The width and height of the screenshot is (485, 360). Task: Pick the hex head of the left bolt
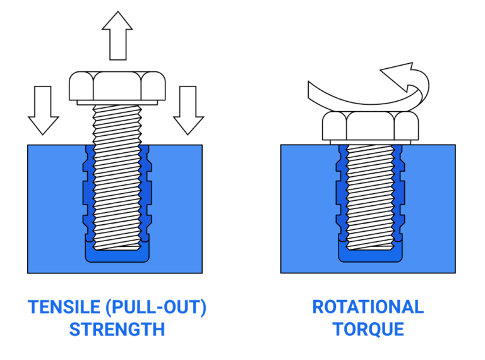pos(117,85)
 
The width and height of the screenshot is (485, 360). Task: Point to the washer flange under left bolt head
pos(117,102)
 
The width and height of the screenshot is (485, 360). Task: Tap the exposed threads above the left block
pos(117,124)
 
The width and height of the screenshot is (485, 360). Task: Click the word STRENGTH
pos(117,330)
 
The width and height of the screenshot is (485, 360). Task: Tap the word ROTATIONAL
pos(368,308)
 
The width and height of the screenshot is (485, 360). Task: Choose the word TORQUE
pos(368,330)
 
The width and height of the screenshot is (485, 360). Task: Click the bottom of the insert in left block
pos(117,255)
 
